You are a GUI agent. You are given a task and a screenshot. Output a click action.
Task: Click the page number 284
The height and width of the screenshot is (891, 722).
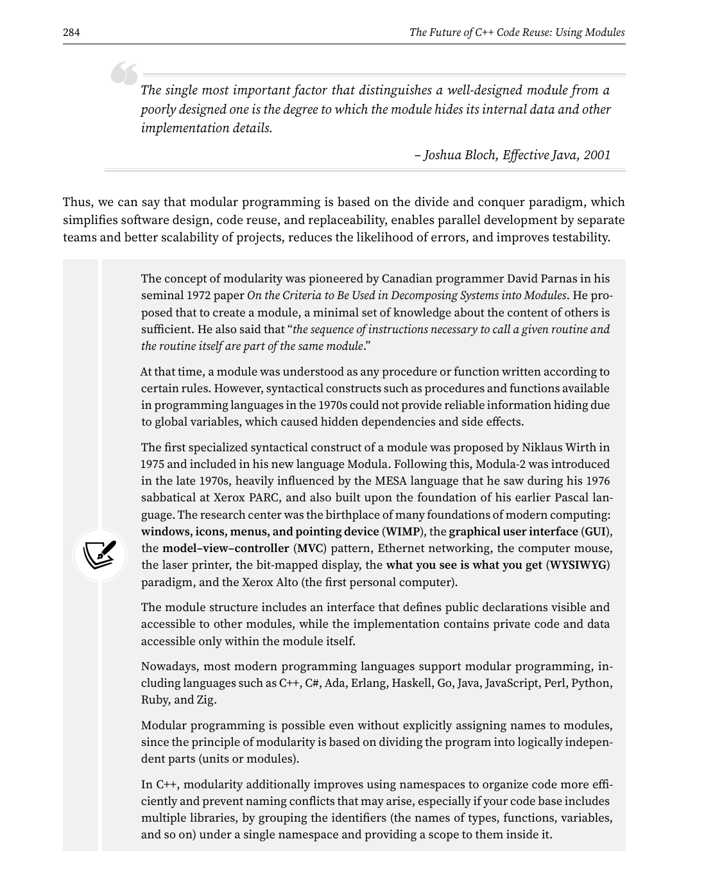click(71, 33)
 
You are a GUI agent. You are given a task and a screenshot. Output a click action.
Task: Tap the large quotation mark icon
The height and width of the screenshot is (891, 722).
click(124, 74)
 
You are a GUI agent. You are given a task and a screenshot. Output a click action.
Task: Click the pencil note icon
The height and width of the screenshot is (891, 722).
click(100, 555)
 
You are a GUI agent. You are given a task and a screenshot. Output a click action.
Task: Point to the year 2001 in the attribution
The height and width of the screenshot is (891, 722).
click(597, 155)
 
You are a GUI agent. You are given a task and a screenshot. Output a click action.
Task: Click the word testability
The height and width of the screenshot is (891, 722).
click(578, 238)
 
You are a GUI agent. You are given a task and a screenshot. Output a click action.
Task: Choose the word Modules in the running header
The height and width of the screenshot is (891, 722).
click(604, 33)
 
